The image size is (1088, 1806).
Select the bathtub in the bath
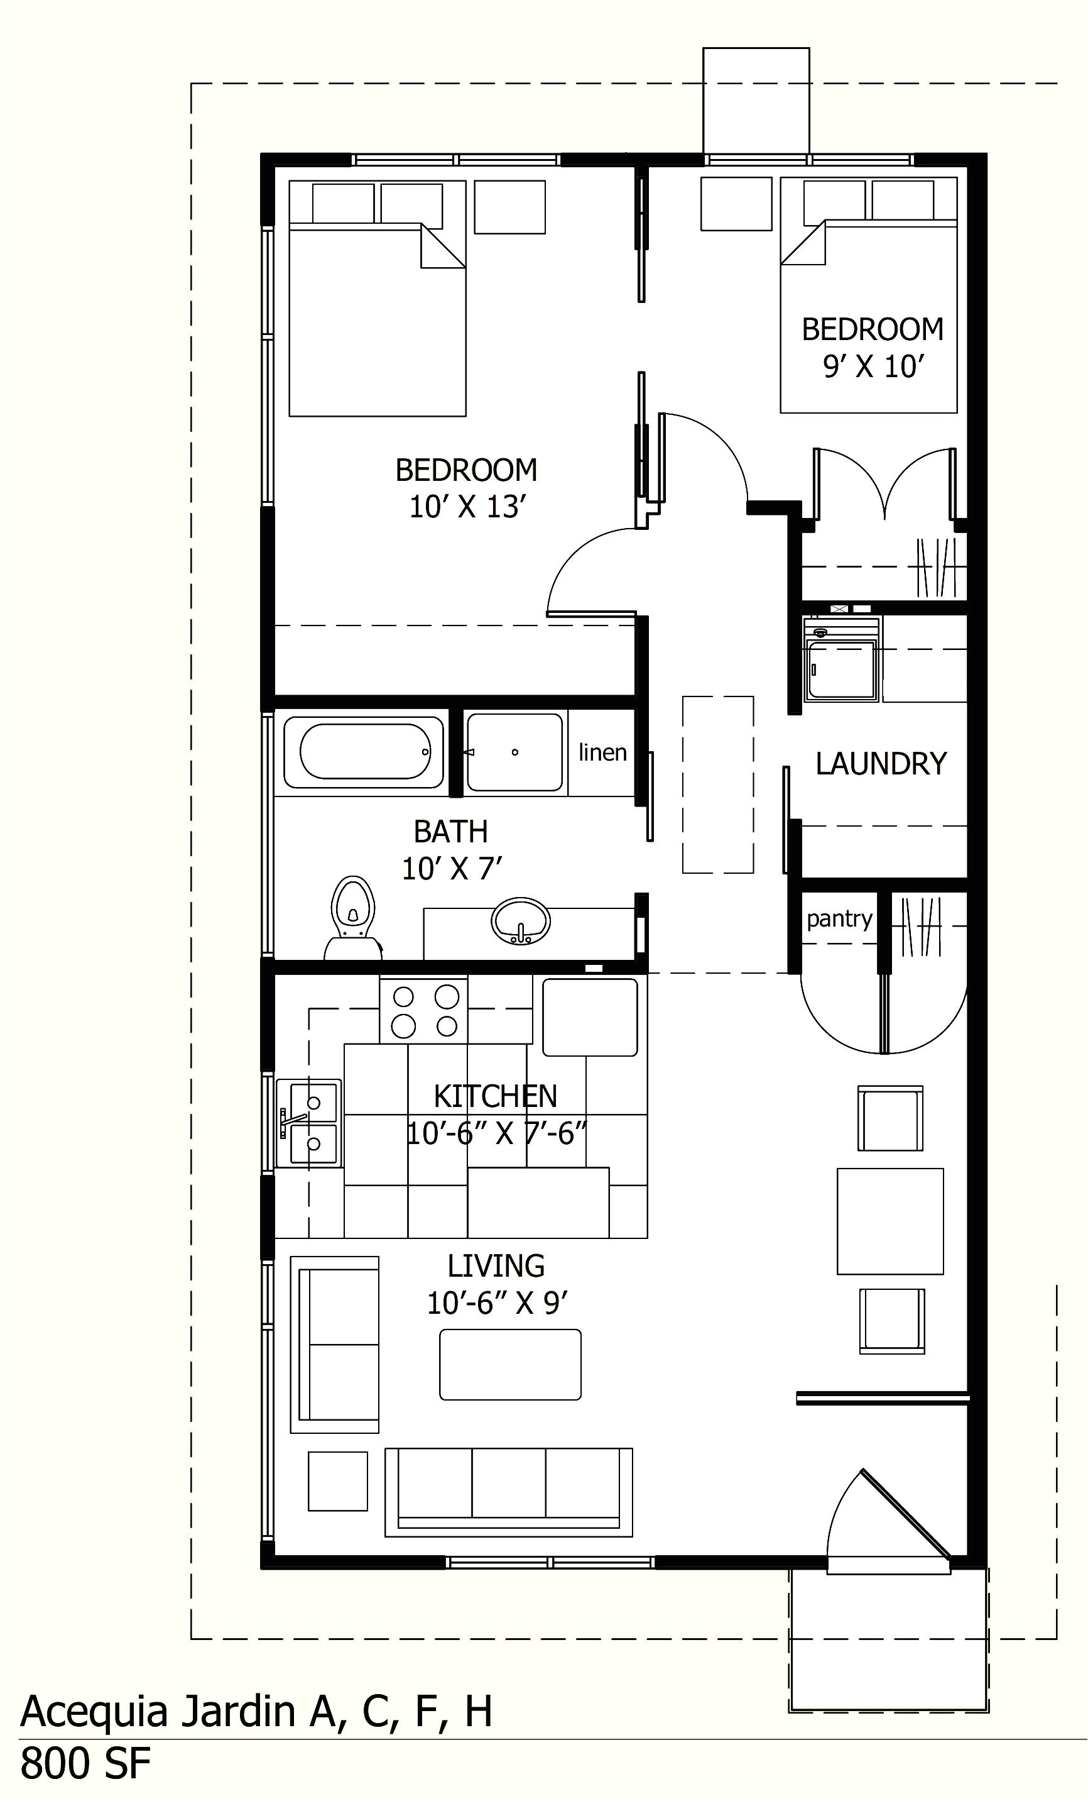[x=364, y=751]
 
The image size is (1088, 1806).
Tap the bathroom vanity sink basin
[x=520, y=920]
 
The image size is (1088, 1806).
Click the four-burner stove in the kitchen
[x=424, y=1011]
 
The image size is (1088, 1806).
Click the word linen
[x=602, y=752]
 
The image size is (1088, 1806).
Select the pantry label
[x=839, y=919]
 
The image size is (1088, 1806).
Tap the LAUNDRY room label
[x=881, y=764]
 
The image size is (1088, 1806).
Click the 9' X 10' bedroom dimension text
[x=871, y=366]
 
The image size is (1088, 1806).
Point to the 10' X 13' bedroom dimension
[x=467, y=507]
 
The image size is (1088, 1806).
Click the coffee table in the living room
[x=510, y=1365]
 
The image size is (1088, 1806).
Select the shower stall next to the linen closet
[x=515, y=752]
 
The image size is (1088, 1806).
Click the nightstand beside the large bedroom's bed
[x=509, y=207]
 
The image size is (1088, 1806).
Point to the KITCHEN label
[x=495, y=1096]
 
